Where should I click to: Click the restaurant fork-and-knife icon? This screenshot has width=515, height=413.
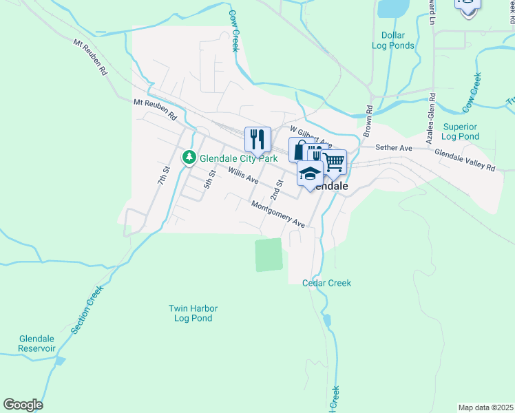click(257, 140)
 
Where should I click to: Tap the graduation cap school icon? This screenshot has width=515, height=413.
click(311, 173)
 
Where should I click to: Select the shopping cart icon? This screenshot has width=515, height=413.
click(333, 162)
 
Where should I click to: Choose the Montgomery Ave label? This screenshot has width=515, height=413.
click(277, 215)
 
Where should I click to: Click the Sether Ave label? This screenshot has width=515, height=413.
click(393, 148)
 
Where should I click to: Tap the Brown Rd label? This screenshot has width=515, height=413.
click(368, 119)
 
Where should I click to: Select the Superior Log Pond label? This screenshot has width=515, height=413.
click(461, 131)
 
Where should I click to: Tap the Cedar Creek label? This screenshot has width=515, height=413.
click(326, 283)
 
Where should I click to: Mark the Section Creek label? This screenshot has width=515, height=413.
click(86, 310)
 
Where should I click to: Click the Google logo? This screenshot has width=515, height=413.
click(23, 405)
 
